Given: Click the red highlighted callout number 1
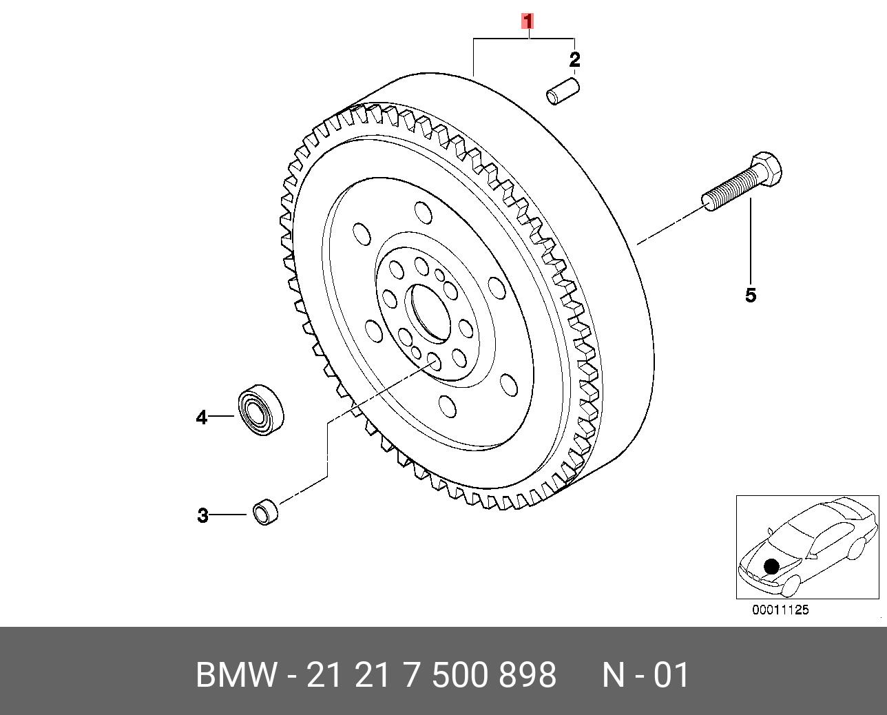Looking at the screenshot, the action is tap(528, 21).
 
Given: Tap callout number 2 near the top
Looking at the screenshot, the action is tap(574, 60).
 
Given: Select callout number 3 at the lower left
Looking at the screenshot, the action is tap(202, 515).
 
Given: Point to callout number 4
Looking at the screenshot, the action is tap(201, 417).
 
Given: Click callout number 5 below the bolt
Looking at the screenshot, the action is tap(751, 296).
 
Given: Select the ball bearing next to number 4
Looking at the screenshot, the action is tap(262, 409).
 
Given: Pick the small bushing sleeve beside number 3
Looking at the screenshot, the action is tap(265, 512).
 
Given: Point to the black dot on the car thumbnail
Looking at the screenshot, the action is tap(771, 566).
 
